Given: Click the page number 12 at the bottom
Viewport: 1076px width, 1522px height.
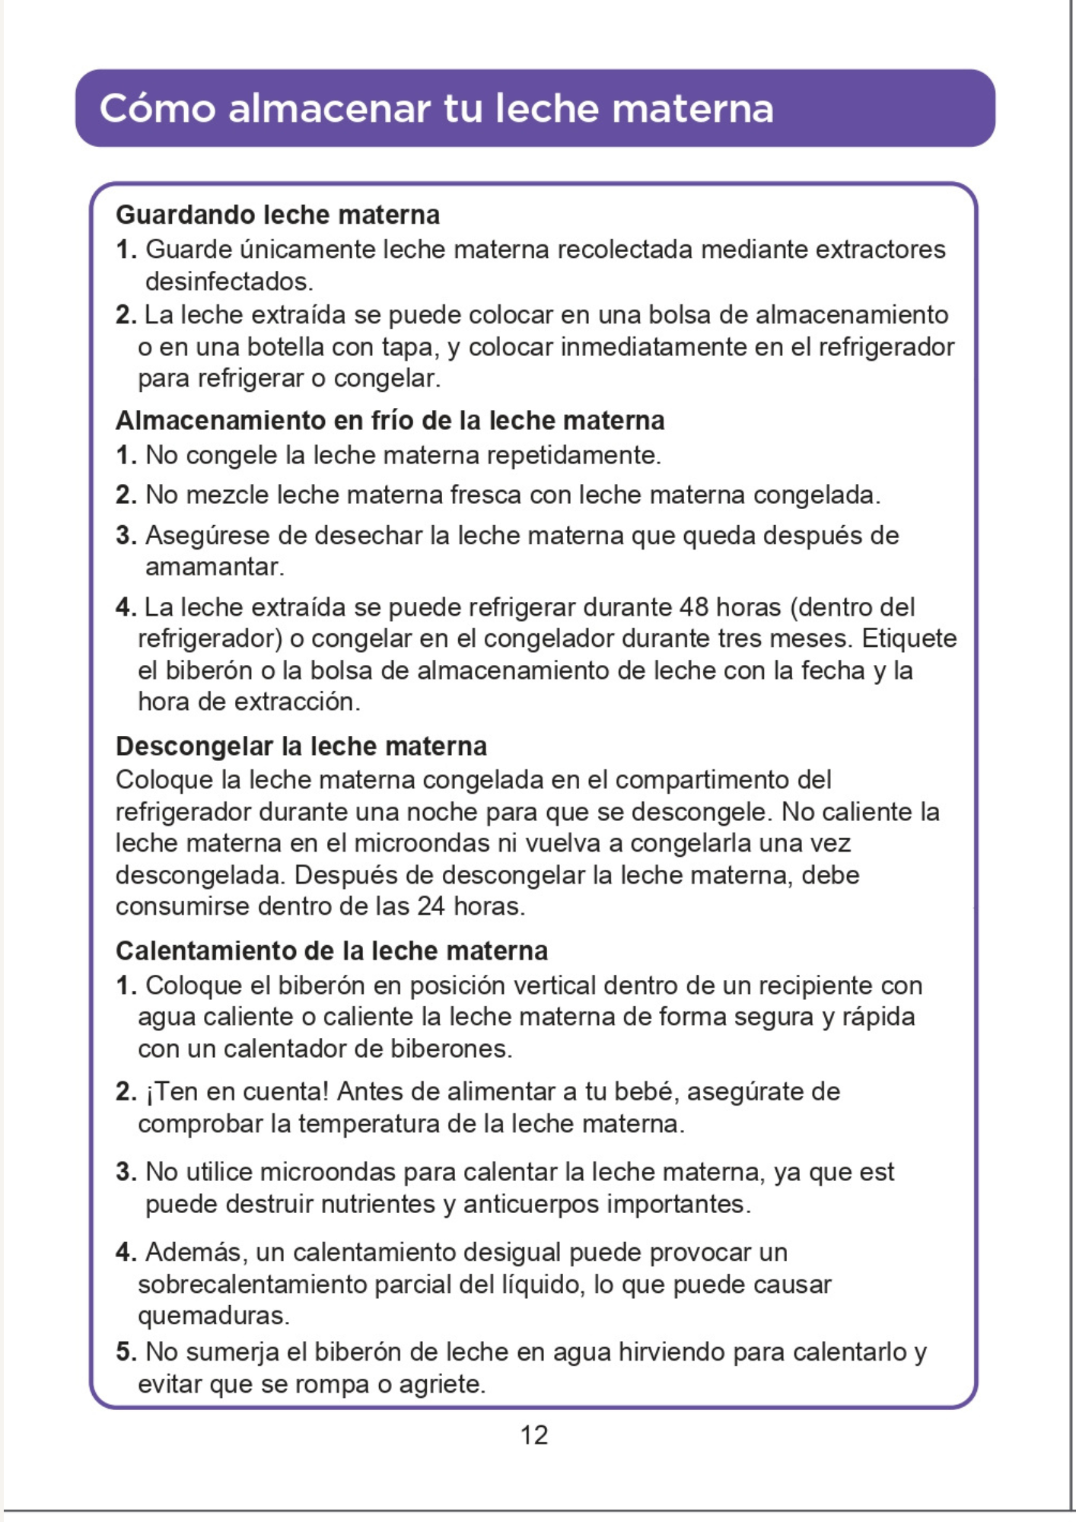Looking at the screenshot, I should pos(534,1435).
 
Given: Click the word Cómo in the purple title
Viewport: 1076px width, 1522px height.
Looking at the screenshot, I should pos(158,108).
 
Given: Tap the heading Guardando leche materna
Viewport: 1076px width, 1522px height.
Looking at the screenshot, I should pos(278,215).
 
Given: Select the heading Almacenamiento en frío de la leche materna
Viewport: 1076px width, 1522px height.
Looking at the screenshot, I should pos(390,421).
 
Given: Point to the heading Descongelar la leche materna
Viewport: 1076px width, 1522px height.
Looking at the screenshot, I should pos(301,747).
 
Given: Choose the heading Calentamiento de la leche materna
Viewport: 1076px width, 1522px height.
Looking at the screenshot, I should pos(332,951).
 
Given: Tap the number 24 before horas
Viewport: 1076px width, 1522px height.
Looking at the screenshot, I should pos(431,906).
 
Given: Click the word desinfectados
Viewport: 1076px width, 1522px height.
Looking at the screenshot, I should pos(229,282).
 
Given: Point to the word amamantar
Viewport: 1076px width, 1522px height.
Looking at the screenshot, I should pos(214,567).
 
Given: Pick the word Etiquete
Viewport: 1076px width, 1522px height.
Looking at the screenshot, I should pos(909,638).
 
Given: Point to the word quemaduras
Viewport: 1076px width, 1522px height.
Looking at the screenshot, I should pos(213,1316).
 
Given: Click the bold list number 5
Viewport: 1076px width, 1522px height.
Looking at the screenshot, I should pos(126,1352).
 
